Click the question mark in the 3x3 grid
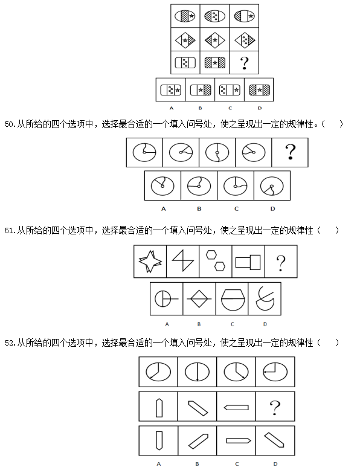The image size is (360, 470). tap(244, 63)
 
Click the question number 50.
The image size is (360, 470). tap(10, 124)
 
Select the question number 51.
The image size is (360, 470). tap(10, 231)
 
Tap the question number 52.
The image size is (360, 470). tap(10, 343)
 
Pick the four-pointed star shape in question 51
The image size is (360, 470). tap(150, 262)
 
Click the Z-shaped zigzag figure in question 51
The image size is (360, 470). tap(183, 261)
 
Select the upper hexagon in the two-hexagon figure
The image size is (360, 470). tap(211, 255)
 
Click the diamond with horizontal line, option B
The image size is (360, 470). tap(199, 299)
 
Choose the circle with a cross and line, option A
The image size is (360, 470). tap(166, 299)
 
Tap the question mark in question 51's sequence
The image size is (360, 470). tap(281, 263)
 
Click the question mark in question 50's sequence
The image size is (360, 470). tap(290, 152)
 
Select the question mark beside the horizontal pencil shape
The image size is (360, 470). tap(275, 408)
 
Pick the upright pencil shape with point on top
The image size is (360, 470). tap(159, 408)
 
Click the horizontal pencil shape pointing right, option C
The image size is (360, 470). tap(239, 440)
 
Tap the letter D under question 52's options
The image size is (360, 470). tap(275, 464)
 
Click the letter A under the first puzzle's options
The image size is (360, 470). tap(172, 108)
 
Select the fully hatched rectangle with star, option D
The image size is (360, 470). tap(260, 90)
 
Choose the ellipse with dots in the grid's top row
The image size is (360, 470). tap(214, 16)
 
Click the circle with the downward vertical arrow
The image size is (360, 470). tap(197, 372)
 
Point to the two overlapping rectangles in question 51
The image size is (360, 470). tap(248, 262)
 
